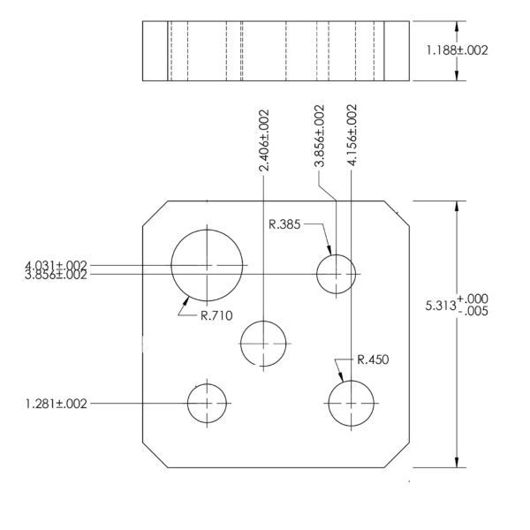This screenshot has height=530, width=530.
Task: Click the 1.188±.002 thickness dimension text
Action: pos(457,50)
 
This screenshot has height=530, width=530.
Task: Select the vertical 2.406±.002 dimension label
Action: pos(263,140)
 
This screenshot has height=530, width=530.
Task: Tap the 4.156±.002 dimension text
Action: pos(352,135)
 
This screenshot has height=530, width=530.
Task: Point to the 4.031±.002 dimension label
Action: pos(56,265)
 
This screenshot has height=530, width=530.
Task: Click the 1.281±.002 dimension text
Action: pos(57,404)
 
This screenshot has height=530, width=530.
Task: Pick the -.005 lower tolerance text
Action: pos(473,311)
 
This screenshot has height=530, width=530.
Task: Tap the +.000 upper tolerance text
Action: pos(473,299)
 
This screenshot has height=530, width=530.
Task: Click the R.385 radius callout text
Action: pos(284,224)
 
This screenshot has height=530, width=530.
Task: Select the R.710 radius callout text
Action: pos(216,315)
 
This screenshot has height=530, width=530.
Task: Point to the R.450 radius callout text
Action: pos(373,360)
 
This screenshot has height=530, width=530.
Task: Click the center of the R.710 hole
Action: pos(207,265)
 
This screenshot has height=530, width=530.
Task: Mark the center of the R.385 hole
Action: pos(336,274)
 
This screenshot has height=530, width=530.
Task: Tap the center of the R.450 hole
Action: pos(352,404)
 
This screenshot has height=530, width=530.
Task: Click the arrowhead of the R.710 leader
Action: pos(188,297)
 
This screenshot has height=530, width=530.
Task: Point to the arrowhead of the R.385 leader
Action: pos(330,254)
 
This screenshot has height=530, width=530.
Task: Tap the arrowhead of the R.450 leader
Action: pos(343,381)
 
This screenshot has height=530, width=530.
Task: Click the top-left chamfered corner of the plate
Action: pos(155,213)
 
